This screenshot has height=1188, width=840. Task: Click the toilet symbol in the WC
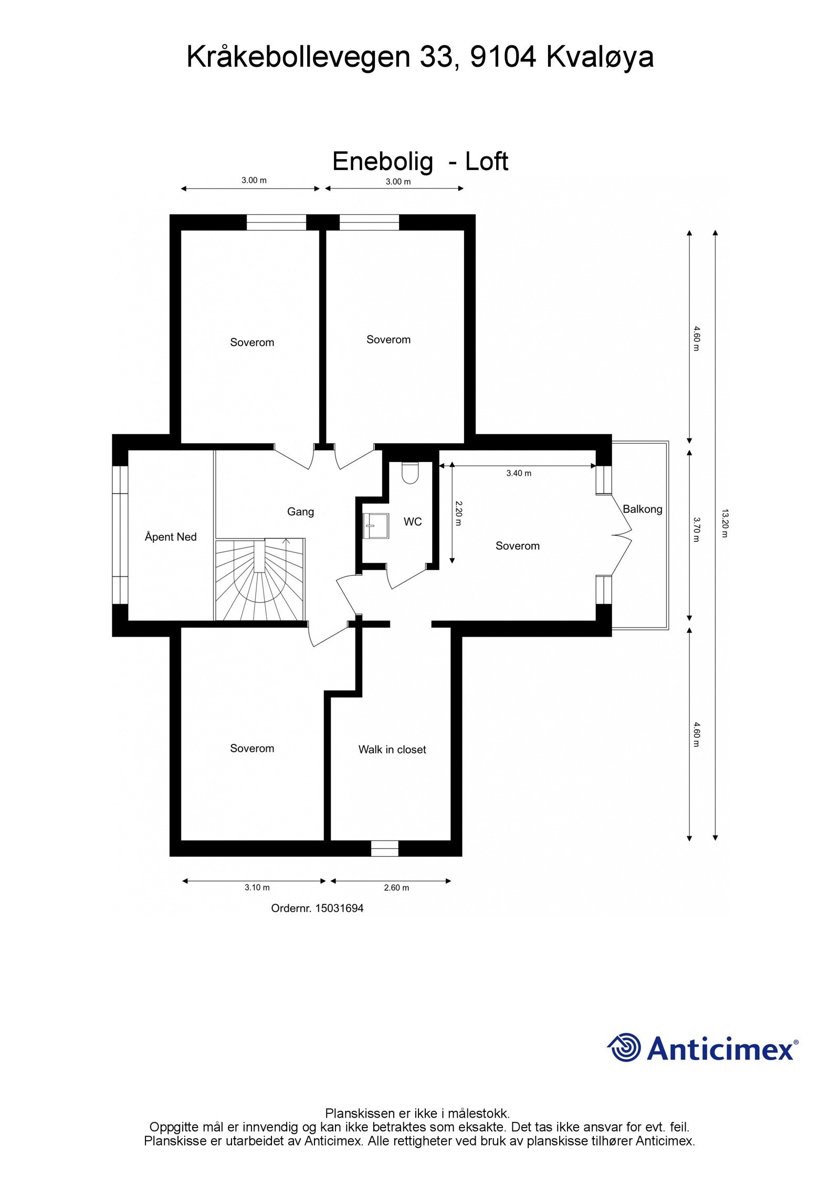point(409,473)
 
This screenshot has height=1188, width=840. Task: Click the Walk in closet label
point(392,750)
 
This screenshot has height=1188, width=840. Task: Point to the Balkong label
point(642,509)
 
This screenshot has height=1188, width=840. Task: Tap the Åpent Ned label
point(171,537)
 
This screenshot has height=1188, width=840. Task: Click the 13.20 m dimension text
point(724,523)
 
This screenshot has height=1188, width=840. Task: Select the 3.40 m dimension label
point(518,473)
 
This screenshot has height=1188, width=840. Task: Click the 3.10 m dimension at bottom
point(257,888)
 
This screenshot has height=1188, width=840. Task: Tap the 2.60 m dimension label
point(396,888)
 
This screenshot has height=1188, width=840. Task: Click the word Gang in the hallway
point(300,511)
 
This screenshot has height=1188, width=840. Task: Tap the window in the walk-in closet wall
point(384,848)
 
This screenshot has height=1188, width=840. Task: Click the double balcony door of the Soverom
point(622,535)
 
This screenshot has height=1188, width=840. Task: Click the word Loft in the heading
point(486,161)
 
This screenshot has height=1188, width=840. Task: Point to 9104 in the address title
point(502,57)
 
